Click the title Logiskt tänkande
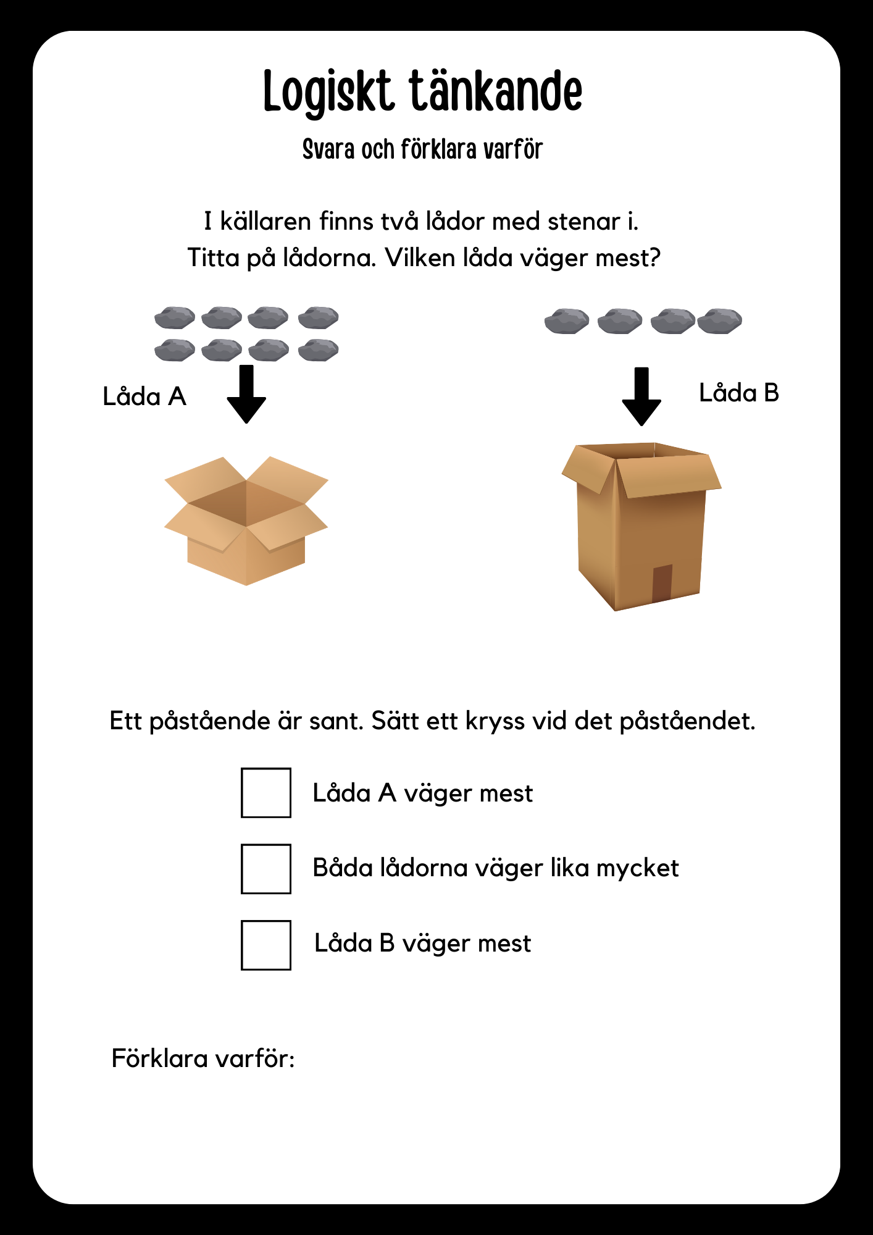point(423,91)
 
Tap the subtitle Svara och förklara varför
point(423,149)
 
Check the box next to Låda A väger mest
point(266,793)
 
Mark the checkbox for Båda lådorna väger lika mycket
point(266,869)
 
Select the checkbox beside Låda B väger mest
point(266,945)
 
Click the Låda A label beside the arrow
point(144,396)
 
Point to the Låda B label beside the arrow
point(739,393)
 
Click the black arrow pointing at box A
point(246,394)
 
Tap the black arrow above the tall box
point(641,396)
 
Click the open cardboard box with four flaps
point(246,521)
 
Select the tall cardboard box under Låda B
point(641,526)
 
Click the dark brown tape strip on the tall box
point(662,583)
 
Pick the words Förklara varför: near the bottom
point(203,1058)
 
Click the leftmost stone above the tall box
point(567,322)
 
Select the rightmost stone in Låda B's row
point(720,321)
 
